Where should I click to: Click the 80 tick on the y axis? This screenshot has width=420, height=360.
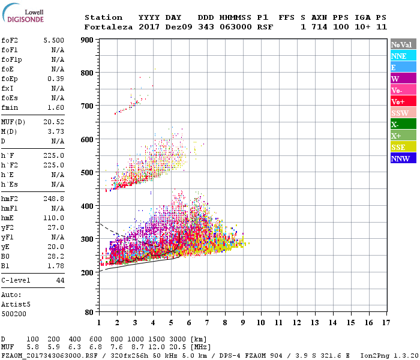coord(89,313)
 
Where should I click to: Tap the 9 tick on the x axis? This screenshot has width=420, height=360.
coord(243,322)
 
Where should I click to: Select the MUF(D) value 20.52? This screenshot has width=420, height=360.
coord(54,122)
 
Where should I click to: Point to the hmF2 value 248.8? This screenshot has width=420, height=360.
coord(54,205)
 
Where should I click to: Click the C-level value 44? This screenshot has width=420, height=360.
coord(60,280)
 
